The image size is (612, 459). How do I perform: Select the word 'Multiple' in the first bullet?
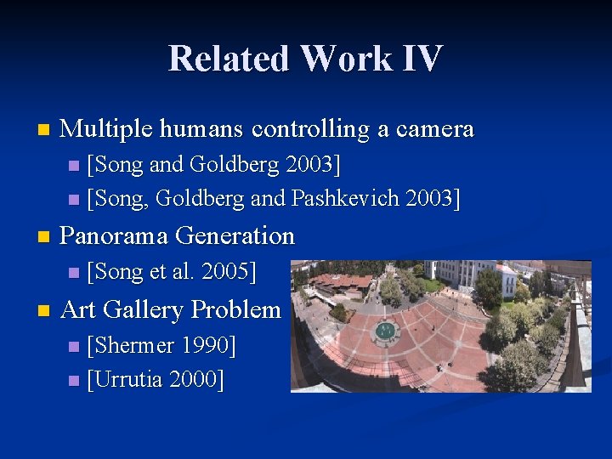tap(105, 129)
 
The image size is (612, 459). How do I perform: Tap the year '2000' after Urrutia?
tap(197, 380)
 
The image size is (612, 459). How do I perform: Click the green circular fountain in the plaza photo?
tap(386, 331)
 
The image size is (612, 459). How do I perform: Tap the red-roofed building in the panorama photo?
tap(340, 282)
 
